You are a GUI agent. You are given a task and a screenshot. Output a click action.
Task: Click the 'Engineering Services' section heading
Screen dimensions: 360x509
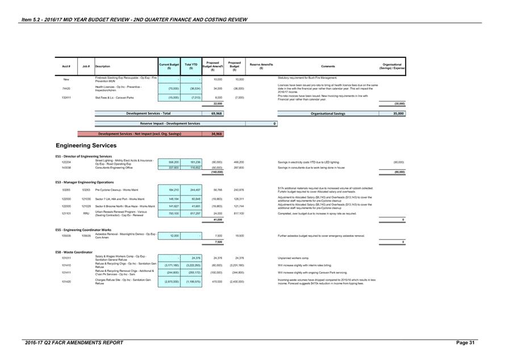86,145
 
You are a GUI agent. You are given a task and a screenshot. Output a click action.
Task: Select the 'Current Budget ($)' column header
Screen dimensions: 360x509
169,66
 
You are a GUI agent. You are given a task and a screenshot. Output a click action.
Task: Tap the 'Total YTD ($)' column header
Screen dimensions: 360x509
191,66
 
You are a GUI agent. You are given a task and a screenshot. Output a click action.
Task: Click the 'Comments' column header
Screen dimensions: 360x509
328,66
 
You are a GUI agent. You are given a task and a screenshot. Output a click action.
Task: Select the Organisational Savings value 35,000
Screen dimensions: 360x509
398,114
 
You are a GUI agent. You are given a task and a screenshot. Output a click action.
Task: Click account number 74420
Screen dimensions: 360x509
66,89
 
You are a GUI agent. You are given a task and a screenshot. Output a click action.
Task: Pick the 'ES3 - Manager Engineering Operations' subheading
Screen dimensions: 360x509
85,182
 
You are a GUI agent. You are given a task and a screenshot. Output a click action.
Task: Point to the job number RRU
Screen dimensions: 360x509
86,214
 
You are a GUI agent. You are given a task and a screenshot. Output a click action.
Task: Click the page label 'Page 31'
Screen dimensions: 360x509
466,343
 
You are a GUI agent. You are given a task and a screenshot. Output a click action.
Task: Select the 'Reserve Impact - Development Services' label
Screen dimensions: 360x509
170,123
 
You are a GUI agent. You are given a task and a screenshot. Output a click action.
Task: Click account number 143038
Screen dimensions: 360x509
66,168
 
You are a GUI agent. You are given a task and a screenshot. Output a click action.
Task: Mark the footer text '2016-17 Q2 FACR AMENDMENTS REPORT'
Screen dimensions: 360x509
74,343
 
